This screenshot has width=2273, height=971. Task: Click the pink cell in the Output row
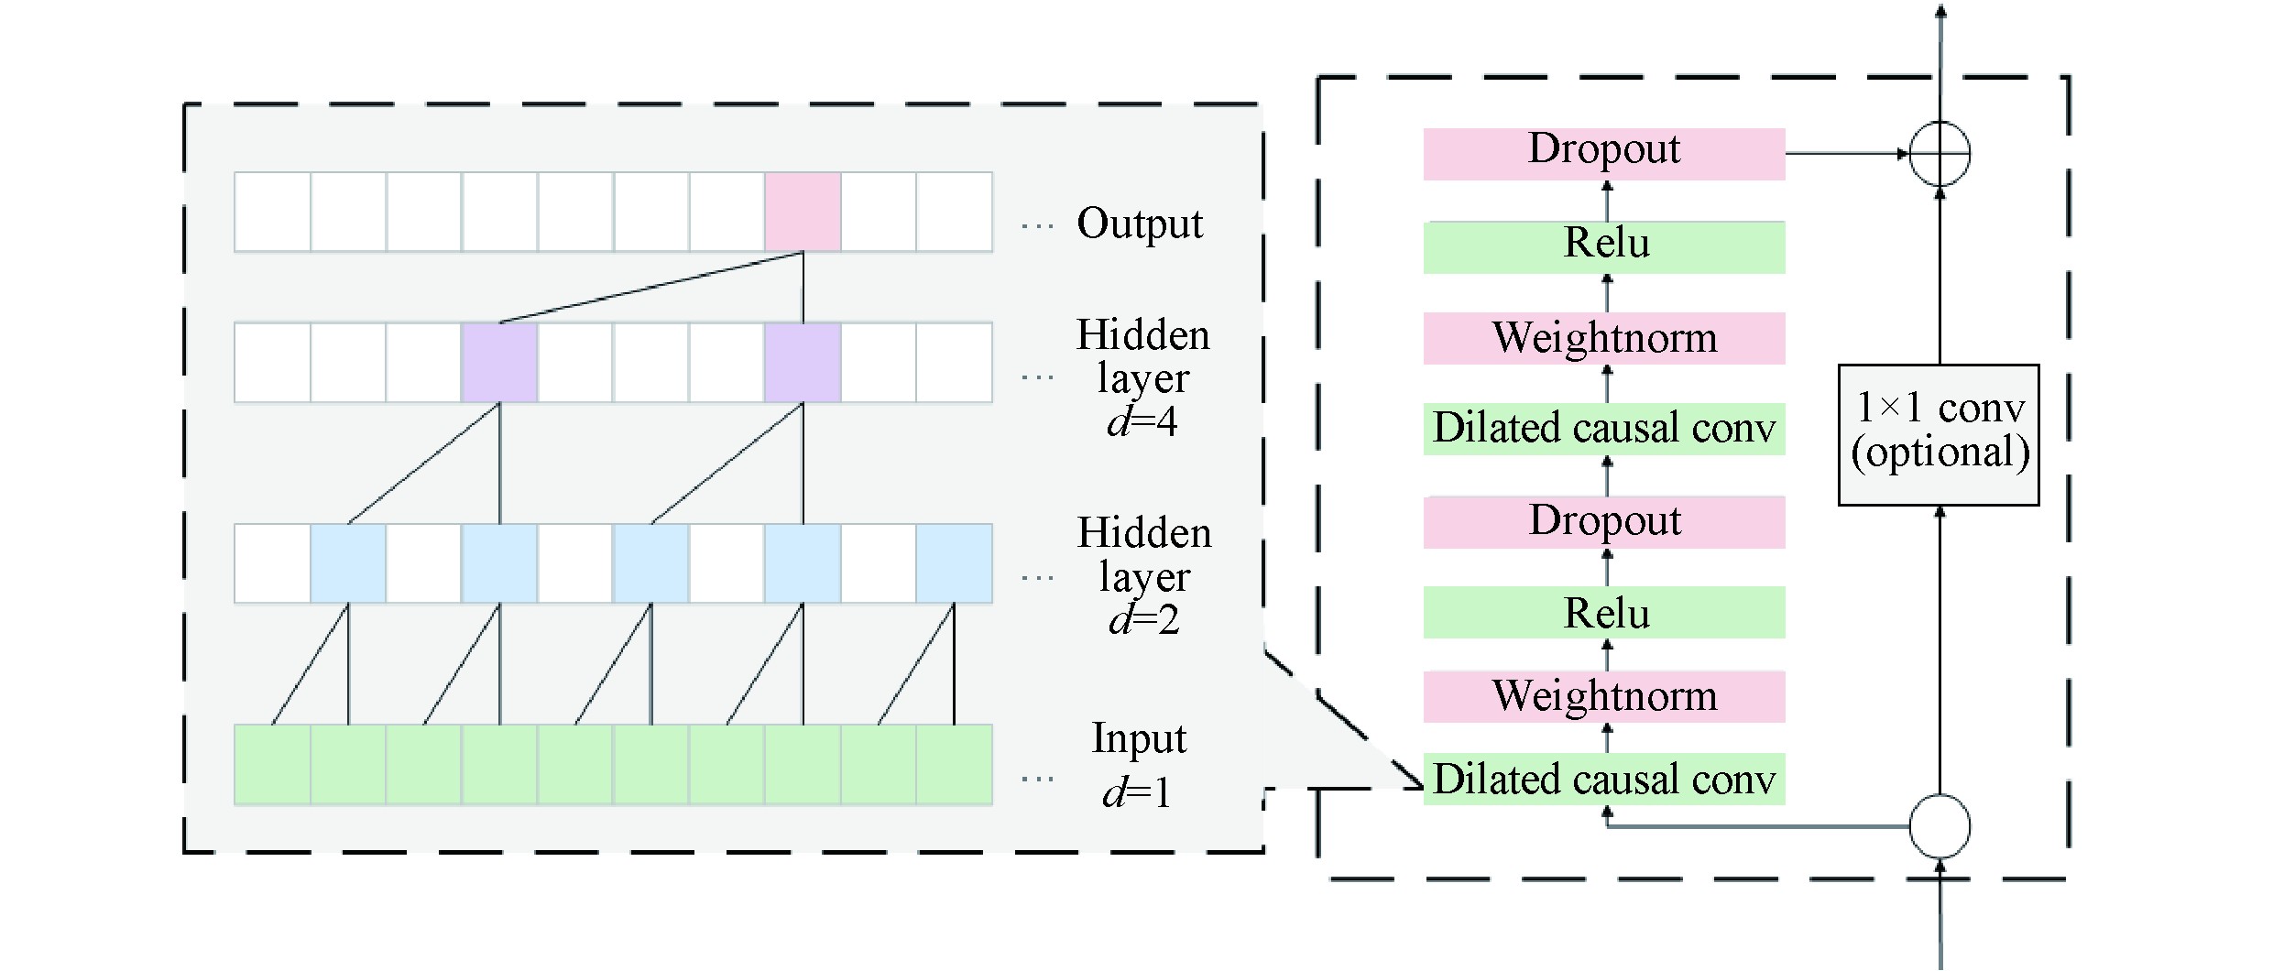803,212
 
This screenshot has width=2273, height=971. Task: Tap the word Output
1139,224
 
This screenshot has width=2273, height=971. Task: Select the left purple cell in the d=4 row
499,362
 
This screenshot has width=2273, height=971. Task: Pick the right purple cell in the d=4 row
803,362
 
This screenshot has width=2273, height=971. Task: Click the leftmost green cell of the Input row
272,765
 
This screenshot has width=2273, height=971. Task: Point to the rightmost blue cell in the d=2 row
954,563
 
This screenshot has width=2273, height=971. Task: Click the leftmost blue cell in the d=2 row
348,563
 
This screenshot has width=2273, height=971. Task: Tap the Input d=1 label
1138,765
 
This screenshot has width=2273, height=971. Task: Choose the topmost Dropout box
1603,153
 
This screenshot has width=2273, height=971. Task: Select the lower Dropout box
1603,522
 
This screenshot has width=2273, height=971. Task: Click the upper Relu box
1603,246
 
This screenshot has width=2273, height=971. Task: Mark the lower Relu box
1603,612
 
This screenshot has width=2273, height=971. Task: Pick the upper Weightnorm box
1603,338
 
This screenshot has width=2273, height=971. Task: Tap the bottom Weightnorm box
1603,696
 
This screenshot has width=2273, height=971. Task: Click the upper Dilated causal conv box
1603,429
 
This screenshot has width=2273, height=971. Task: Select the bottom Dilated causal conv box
1603,780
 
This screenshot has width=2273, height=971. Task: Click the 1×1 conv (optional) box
1939,434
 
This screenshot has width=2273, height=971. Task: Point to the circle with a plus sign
1940,154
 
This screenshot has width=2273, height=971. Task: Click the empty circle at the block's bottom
1940,827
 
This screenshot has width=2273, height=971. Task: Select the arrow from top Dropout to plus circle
1846,154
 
